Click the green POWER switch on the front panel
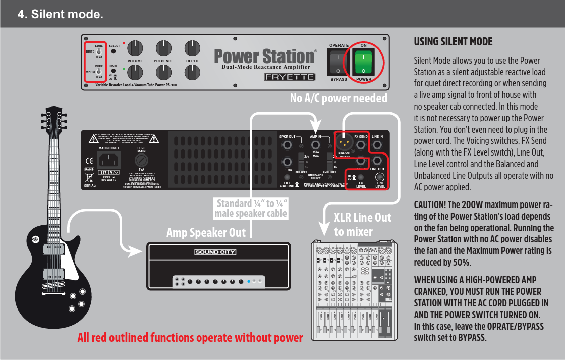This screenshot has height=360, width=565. click(363, 63)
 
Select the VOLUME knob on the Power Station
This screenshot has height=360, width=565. click(135, 48)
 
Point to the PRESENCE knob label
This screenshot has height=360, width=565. click(163, 61)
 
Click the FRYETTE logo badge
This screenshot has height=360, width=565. click(290, 77)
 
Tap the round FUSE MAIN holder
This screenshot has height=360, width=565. click(141, 161)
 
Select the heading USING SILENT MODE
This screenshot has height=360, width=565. click(453, 42)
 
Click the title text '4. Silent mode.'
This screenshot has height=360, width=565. click(61, 14)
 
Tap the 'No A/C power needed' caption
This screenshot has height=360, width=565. click(338, 98)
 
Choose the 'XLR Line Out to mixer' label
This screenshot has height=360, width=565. click(362, 225)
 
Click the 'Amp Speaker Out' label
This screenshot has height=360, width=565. click(206, 233)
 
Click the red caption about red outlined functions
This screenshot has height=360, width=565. click(190, 338)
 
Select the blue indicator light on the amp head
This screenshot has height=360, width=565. click(248, 281)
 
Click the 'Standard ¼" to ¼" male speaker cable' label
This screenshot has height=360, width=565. click(251, 209)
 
